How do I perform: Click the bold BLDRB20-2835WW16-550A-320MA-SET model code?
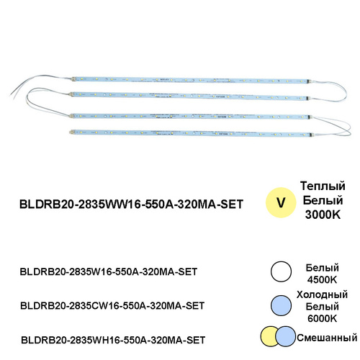(x=131, y=204)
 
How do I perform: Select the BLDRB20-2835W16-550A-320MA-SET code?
(x=109, y=271)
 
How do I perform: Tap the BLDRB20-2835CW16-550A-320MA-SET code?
(x=112, y=306)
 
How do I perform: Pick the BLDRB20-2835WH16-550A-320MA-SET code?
(x=113, y=340)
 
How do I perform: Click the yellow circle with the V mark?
(x=281, y=202)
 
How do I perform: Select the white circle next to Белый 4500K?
(x=281, y=271)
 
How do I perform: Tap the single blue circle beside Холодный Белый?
(x=281, y=305)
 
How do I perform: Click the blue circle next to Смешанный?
(x=285, y=336)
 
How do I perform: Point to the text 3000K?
(x=323, y=215)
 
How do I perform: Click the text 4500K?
(x=322, y=280)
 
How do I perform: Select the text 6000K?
(x=322, y=319)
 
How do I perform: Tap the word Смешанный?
(x=327, y=338)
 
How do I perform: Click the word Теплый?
(x=323, y=186)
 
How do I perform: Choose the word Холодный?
(x=322, y=294)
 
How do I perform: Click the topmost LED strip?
(x=192, y=80)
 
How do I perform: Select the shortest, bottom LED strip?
(x=192, y=133)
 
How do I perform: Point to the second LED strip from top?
(x=190, y=96)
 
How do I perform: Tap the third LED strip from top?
(x=190, y=117)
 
